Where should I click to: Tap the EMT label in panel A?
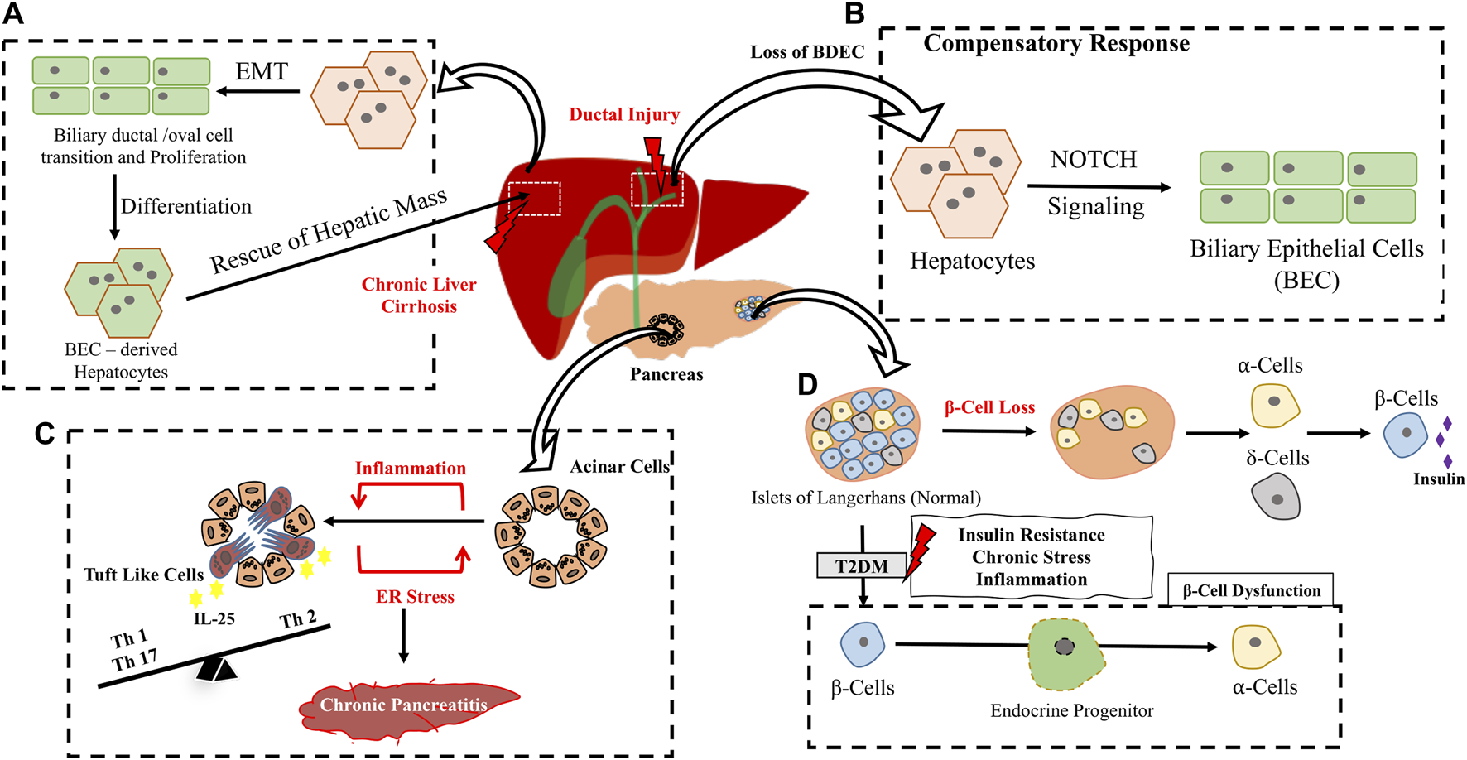(262, 72)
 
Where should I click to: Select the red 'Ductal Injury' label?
(624, 115)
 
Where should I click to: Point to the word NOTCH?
(1094, 159)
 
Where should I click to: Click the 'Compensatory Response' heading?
(1056, 44)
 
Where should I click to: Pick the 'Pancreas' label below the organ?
(666, 374)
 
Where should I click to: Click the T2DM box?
(862, 566)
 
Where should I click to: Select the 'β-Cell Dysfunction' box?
(1251, 591)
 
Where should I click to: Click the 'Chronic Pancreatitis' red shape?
(406, 705)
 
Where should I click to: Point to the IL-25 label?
(214, 618)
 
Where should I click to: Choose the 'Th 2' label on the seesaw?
(297, 619)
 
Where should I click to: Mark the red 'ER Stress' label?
(415, 597)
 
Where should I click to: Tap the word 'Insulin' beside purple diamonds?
(1439, 479)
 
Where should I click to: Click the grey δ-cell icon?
(1275, 498)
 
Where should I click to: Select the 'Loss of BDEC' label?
(807, 52)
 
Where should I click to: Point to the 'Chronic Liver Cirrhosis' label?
(419, 296)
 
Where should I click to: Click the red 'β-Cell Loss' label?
(989, 407)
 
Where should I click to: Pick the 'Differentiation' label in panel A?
(186, 206)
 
